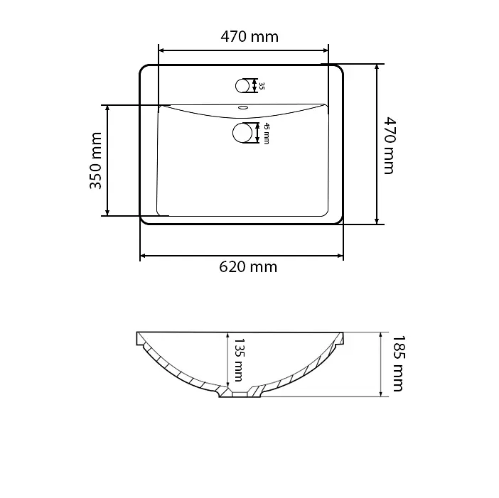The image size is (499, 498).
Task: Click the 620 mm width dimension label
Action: (x=248, y=267)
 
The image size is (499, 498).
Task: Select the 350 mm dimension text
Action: (x=95, y=161)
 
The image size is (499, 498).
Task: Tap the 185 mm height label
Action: (x=398, y=364)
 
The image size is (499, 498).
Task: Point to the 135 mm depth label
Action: (x=239, y=359)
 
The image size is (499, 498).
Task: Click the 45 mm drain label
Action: (x=267, y=134)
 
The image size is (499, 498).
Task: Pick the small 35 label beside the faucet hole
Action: (x=262, y=86)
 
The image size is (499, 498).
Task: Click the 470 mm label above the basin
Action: (x=249, y=36)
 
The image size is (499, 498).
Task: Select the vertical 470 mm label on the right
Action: (x=390, y=146)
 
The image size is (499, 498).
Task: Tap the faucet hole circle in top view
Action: (x=242, y=86)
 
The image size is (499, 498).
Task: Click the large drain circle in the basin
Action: (x=242, y=133)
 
